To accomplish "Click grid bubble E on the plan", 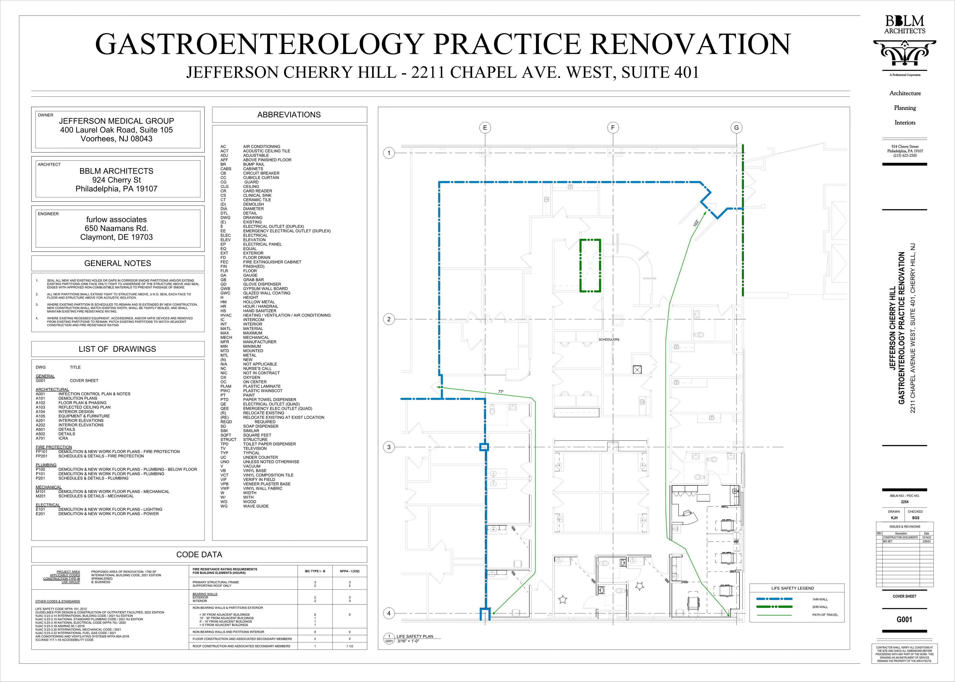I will tap(485, 128).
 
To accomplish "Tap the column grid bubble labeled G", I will tap(736, 128).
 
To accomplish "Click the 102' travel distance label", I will tap(696, 224).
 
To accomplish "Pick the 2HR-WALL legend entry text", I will tap(820, 607).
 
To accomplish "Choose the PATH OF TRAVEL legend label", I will tap(825, 615).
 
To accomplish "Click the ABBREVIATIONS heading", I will tap(289, 115).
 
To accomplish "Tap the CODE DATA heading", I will tap(199, 554).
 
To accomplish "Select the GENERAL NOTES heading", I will tap(118, 263).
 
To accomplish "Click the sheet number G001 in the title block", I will tap(904, 619).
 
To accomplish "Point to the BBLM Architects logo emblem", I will tap(905, 53).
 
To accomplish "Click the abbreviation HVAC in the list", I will tap(226, 315).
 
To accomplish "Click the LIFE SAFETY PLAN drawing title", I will tap(415, 636).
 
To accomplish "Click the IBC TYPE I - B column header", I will tap(315, 571).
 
